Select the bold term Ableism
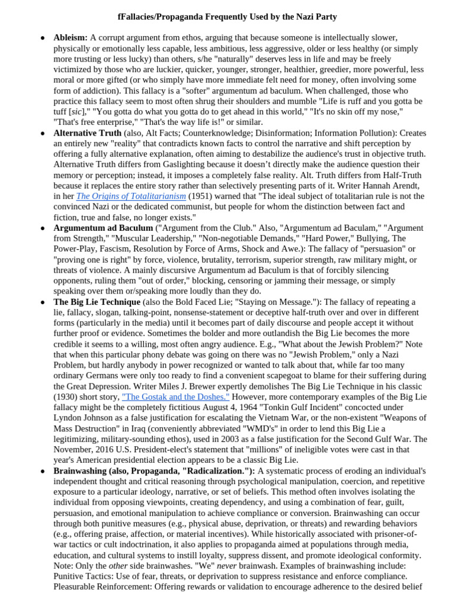(x=70, y=38)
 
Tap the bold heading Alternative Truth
(x=87, y=133)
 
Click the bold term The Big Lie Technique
(x=97, y=302)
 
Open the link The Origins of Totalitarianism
(x=131, y=196)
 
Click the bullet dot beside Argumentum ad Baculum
(x=43, y=228)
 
